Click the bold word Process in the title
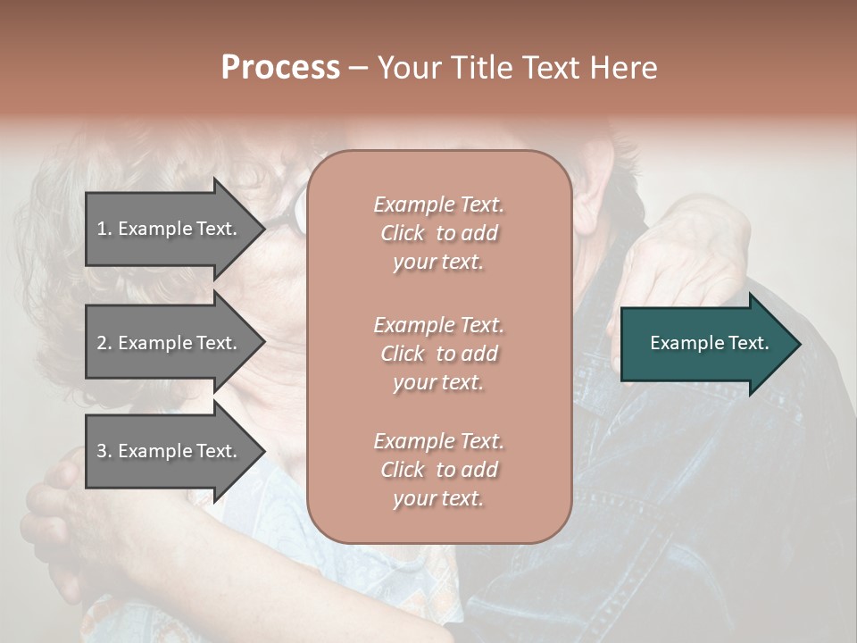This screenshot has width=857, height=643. pos(280,68)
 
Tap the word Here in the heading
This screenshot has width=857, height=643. pos(621,68)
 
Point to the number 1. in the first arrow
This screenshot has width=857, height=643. pos(104,229)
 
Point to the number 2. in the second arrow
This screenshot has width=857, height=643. pos(104,343)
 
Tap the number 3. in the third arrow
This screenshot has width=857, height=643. pos(104,451)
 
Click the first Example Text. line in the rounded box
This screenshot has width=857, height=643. pos(438,205)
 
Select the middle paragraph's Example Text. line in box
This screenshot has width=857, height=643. pos(438,325)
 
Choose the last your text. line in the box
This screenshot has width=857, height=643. pos(438,498)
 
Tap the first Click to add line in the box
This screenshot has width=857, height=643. pos(438,233)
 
